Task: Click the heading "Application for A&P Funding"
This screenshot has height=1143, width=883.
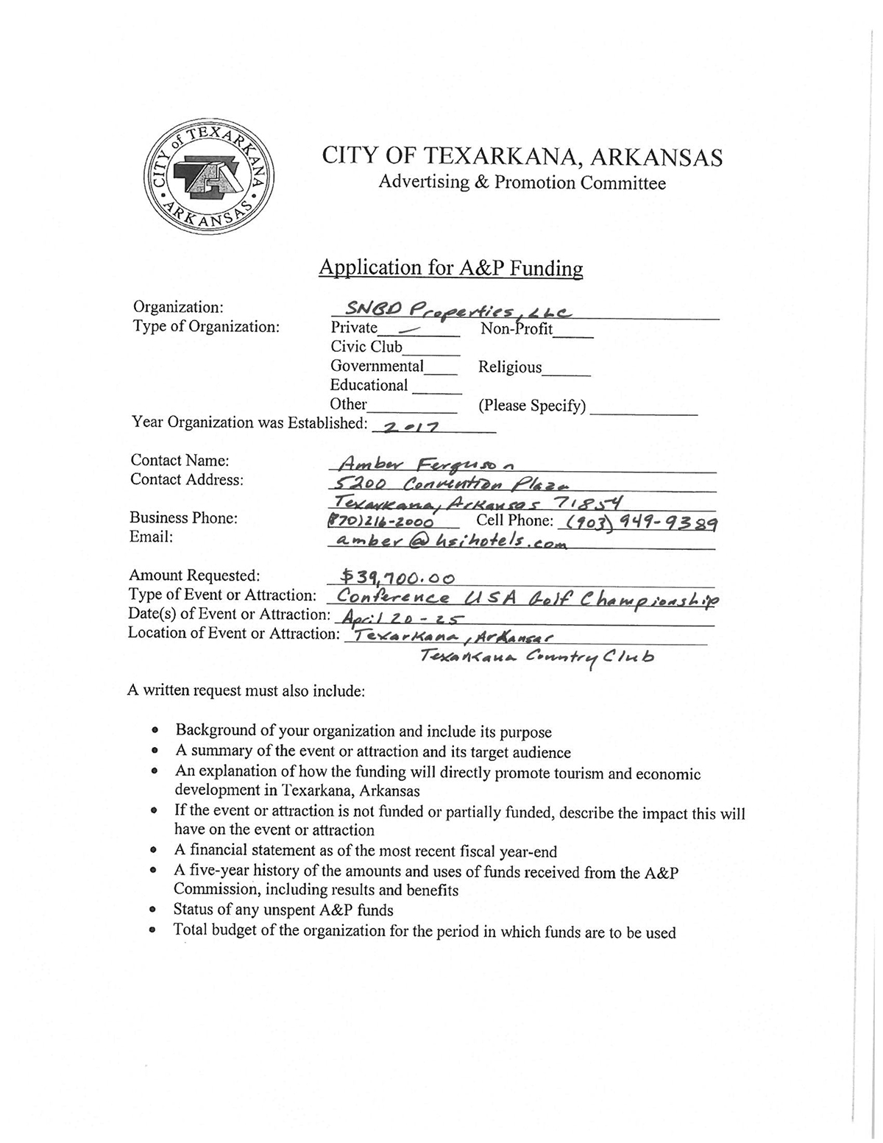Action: click(x=450, y=268)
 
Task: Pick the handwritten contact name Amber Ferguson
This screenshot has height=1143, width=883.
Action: click(x=426, y=464)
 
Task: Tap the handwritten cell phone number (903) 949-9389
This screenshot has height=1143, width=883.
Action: click(x=639, y=523)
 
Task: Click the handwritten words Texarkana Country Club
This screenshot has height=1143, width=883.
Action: click(x=535, y=657)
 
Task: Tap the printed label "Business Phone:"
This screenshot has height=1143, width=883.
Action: click(x=184, y=518)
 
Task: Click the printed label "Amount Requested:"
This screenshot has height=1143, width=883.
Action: click(x=194, y=576)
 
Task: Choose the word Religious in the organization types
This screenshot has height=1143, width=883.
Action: click(x=510, y=367)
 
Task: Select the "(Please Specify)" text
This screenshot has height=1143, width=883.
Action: click(x=532, y=406)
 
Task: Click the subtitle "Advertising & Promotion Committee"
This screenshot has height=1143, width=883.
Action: click(x=522, y=183)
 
